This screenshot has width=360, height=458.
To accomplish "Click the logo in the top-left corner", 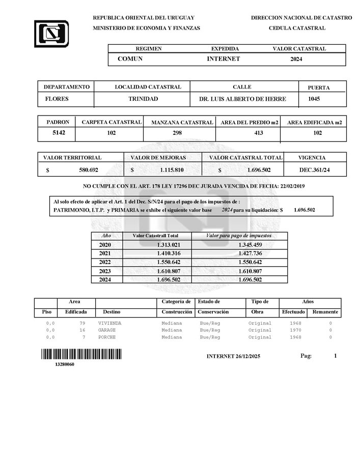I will tap(51, 34).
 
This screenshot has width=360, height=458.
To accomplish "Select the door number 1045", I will tap(314, 99).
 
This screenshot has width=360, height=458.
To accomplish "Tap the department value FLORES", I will tap(57, 99).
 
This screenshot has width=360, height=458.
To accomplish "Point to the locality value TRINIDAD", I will tap(143, 99).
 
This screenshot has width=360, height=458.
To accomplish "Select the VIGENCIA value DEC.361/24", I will tap(315, 169).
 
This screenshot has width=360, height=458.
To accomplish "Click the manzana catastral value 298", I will tap(179, 133).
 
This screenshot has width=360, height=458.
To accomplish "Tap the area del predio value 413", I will tap(248, 133).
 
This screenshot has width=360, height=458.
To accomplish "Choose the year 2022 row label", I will tap(105, 262).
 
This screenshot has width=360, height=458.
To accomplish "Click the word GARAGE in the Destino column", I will tap(106, 330).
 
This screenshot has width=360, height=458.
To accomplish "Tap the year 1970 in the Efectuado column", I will tap(295, 330).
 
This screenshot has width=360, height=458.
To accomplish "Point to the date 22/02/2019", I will tap(292, 187).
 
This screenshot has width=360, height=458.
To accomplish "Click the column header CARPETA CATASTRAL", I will tap(112, 122).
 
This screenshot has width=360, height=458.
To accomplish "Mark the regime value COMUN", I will tap(130, 59).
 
